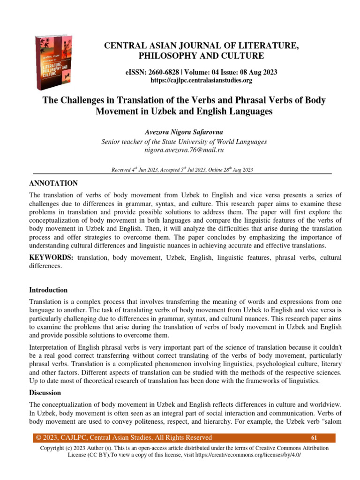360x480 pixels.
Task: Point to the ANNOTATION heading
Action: click(53, 183)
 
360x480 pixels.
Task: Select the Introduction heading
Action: click(48, 290)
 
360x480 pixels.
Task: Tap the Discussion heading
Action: click(45, 392)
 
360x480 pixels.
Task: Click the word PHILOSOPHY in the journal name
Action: click(166, 56)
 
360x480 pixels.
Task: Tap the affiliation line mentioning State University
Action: click(184, 142)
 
